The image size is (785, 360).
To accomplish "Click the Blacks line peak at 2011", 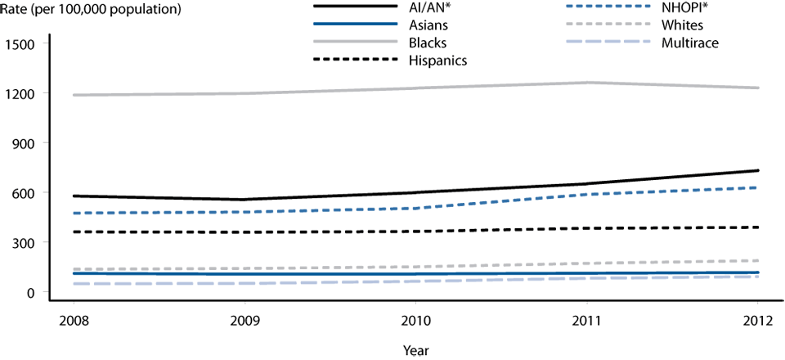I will coord(587,83).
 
